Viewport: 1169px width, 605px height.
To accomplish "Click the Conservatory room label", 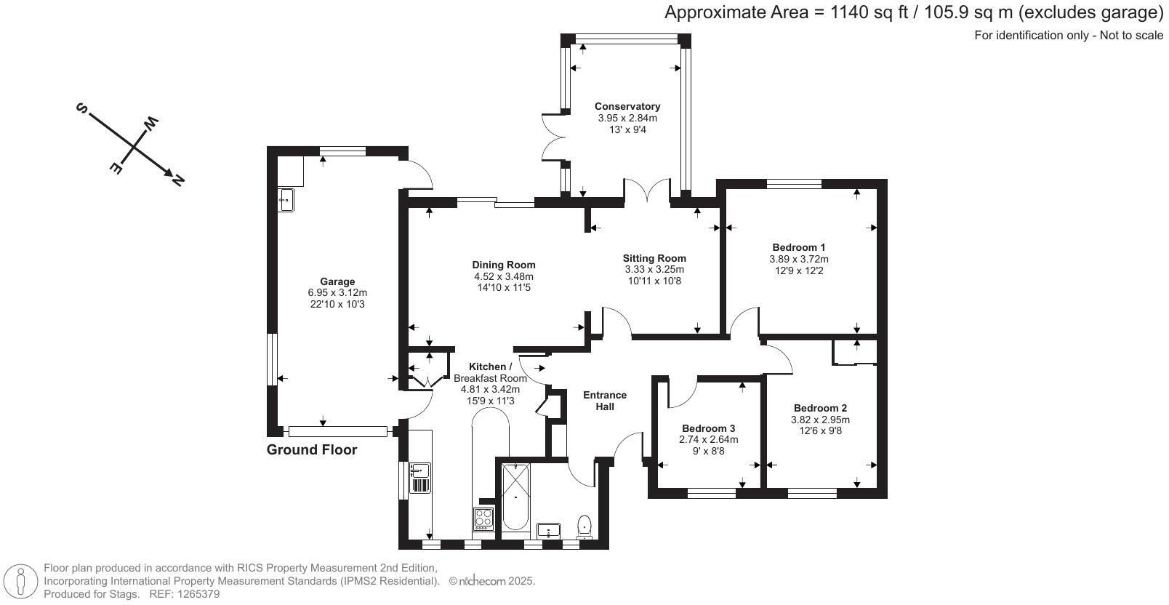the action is [627, 106].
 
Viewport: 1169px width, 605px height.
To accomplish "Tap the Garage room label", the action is [337, 282].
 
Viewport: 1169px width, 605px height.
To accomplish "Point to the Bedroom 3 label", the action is [708, 428].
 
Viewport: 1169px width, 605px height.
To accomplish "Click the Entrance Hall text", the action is [605, 401].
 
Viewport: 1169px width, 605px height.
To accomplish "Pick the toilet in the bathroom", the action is [584, 526].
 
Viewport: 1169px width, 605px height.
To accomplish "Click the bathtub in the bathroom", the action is [515, 497].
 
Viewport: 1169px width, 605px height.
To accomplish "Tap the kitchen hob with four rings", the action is [483, 518].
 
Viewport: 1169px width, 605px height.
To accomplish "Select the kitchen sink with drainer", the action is [420, 478].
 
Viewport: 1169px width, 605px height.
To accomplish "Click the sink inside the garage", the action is [286, 200].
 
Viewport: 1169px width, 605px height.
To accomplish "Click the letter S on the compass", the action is [82, 108].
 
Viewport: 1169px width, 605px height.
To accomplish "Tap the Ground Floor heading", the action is [312, 449].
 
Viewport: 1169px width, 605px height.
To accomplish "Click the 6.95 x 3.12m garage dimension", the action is [337, 293].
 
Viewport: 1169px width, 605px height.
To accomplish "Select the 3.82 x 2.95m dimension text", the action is [820, 420].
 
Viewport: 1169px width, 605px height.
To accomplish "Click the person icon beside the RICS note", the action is [21, 581].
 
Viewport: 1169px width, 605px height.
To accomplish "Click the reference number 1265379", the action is [198, 594].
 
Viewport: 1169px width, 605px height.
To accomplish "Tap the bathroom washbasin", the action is [548, 530].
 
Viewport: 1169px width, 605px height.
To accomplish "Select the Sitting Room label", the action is [654, 258].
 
